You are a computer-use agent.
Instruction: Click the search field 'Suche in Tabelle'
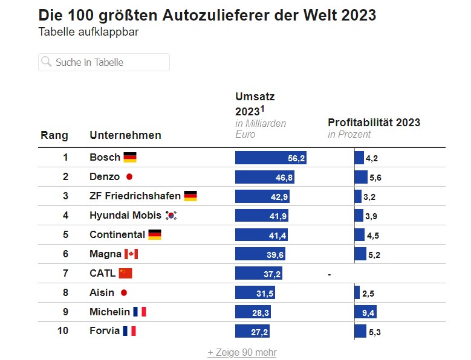click(104, 62)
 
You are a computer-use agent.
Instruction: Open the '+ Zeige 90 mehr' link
click(241, 352)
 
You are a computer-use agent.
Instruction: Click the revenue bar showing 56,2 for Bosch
click(271, 158)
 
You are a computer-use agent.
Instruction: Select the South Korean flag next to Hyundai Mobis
click(171, 216)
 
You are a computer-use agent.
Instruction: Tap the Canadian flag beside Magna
click(131, 254)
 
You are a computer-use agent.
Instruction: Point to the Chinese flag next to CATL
click(125, 273)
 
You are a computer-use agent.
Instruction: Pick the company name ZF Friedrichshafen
click(135, 196)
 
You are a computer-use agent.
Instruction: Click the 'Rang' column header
click(54, 135)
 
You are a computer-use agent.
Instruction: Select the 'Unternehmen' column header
click(125, 135)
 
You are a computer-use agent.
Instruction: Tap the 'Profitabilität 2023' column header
click(374, 123)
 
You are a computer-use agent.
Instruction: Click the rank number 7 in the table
click(65, 273)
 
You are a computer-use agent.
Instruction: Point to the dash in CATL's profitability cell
click(330, 274)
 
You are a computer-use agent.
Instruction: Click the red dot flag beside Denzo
click(128, 177)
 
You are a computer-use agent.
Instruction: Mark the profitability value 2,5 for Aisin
click(368, 294)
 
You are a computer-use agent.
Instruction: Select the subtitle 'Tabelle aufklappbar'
click(88, 32)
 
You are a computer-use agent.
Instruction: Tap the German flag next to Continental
click(154, 235)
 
